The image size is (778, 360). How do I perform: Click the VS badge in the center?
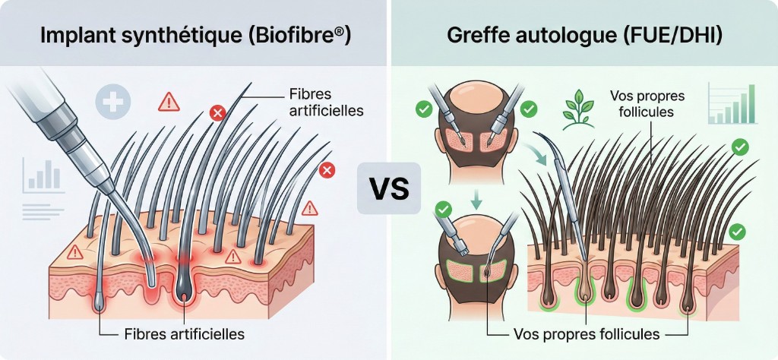pos(388,188)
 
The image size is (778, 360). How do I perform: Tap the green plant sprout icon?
pos(579,111)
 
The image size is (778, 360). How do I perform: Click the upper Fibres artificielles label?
pos(326,104)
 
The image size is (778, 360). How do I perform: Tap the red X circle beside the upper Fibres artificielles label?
pos(217,114)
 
